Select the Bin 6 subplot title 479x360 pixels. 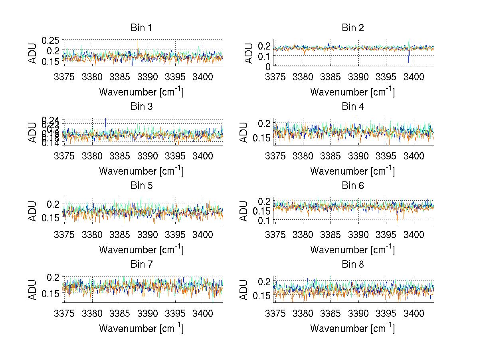(x=352, y=186)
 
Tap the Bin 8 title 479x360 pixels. (x=352, y=265)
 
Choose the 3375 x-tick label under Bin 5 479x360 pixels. (x=64, y=235)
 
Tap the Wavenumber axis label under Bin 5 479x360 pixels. (x=141, y=250)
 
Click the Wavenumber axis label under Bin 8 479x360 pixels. (x=352, y=328)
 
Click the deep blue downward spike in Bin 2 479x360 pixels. (x=409, y=60)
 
